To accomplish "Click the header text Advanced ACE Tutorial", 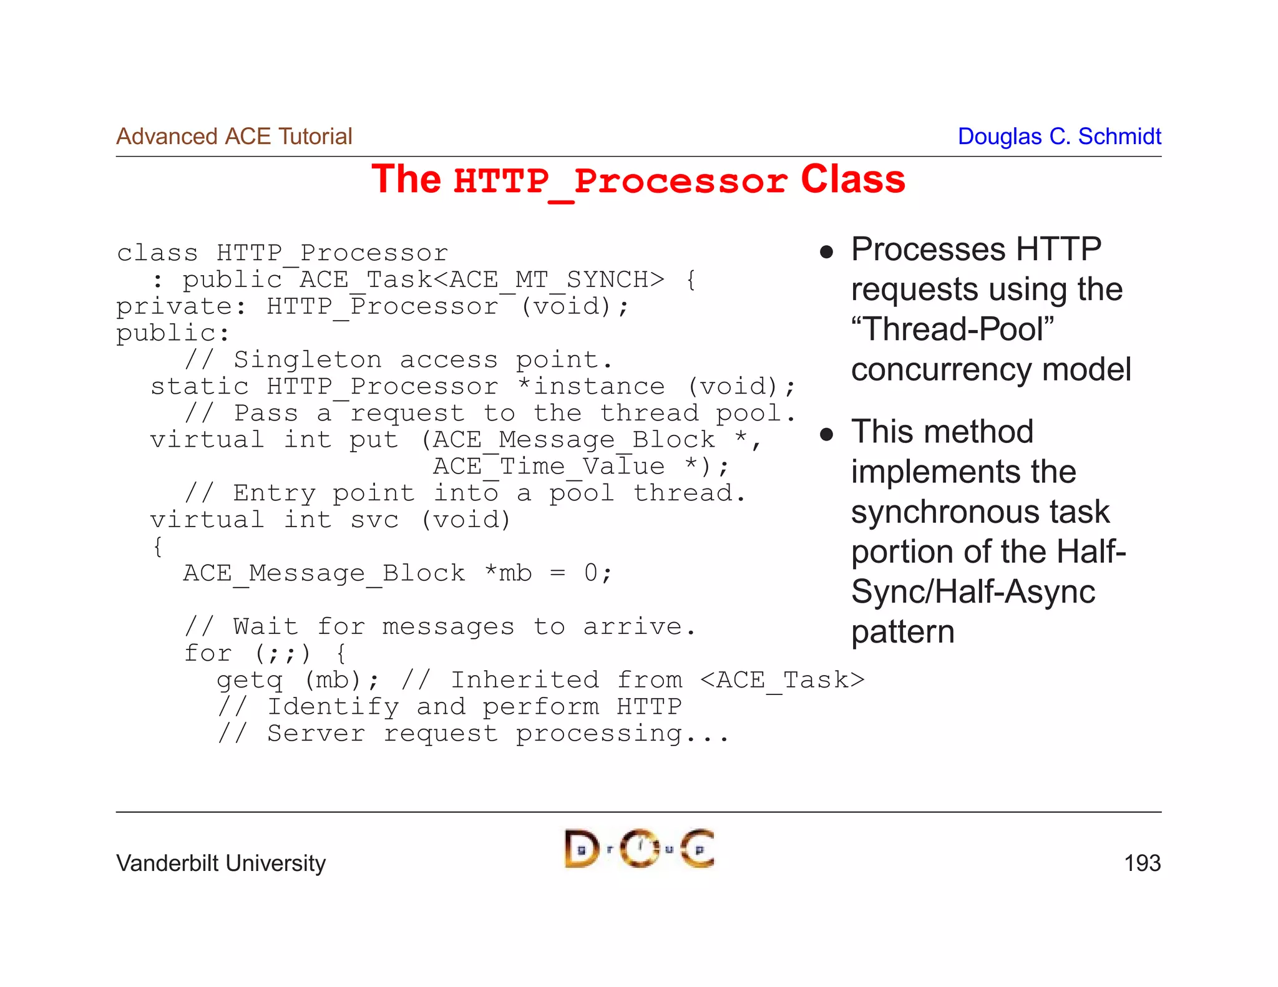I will (234, 136).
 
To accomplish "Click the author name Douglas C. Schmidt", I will (1059, 136).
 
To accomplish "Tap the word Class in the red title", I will (852, 180).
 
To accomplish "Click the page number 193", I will (1142, 863).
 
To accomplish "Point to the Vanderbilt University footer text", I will (221, 863).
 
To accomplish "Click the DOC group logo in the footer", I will (639, 848).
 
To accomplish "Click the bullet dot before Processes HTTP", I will (827, 251).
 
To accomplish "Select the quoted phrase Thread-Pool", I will (952, 329).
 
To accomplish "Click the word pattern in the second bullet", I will (902, 631).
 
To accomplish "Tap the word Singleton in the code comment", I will (308, 360).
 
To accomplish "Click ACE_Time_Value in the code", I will (549, 467).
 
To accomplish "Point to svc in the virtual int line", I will (374, 520).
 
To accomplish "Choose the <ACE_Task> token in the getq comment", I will (783, 680).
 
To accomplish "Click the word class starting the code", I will (157, 253).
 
